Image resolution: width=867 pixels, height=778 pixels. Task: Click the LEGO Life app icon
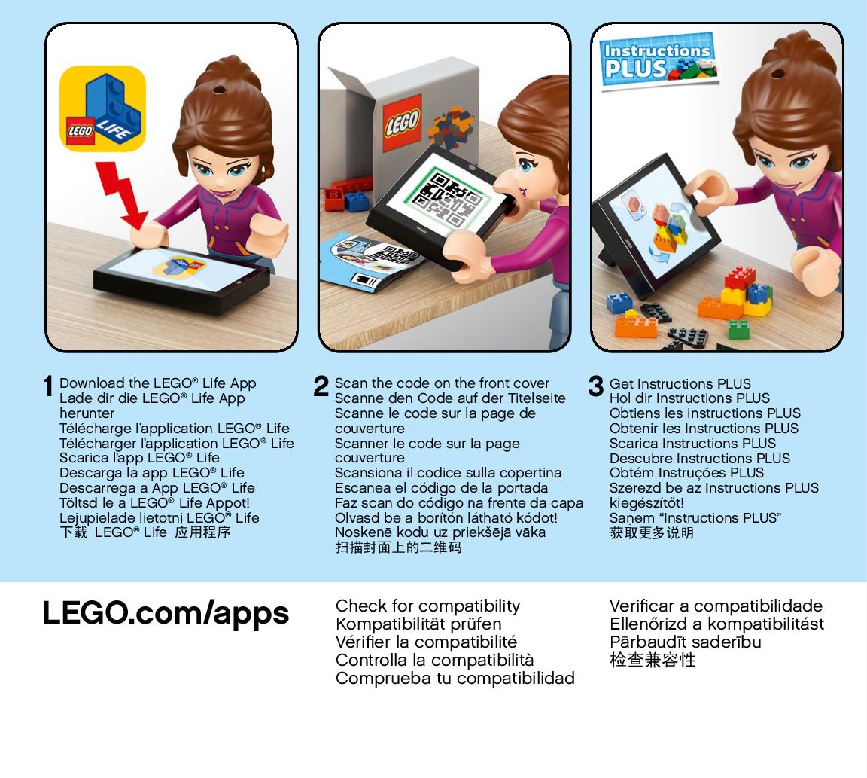coord(102,109)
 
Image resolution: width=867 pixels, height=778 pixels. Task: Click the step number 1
coord(49,386)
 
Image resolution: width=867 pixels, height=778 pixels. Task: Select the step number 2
coord(321,386)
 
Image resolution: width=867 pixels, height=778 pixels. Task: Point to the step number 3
coord(595,386)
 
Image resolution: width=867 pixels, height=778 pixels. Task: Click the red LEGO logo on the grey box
coord(402,123)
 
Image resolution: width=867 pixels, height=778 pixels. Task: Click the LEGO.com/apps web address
coord(166,614)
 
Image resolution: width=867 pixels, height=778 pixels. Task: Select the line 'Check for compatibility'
coord(427,606)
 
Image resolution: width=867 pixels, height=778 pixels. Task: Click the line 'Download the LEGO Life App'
coord(157,383)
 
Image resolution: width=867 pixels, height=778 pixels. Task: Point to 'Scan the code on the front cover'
coord(442,383)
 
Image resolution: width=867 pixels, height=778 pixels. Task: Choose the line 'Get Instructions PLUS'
coord(680,383)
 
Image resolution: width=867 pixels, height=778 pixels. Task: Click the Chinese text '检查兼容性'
coord(653,660)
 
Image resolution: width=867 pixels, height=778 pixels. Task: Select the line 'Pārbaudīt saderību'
coord(685,642)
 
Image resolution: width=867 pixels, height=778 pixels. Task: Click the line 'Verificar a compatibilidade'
coord(716,606)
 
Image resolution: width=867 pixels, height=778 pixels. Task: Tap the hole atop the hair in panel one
coord(220,89)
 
